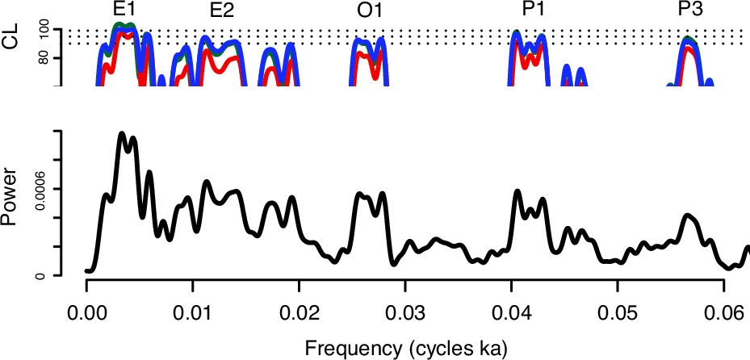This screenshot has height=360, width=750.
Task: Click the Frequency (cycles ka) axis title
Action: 406,348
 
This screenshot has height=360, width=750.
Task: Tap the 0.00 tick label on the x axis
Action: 86,312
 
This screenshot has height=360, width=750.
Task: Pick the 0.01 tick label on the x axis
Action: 192,312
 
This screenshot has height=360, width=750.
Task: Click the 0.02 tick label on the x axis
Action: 299,312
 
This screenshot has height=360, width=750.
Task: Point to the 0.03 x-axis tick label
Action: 405,312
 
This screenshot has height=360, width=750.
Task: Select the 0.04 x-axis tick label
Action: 511,312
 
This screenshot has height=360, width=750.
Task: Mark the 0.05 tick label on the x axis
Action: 618,312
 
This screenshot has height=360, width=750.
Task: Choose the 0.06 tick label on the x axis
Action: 724,312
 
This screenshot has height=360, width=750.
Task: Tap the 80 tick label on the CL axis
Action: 45,58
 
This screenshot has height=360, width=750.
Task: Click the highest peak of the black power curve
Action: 122,132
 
